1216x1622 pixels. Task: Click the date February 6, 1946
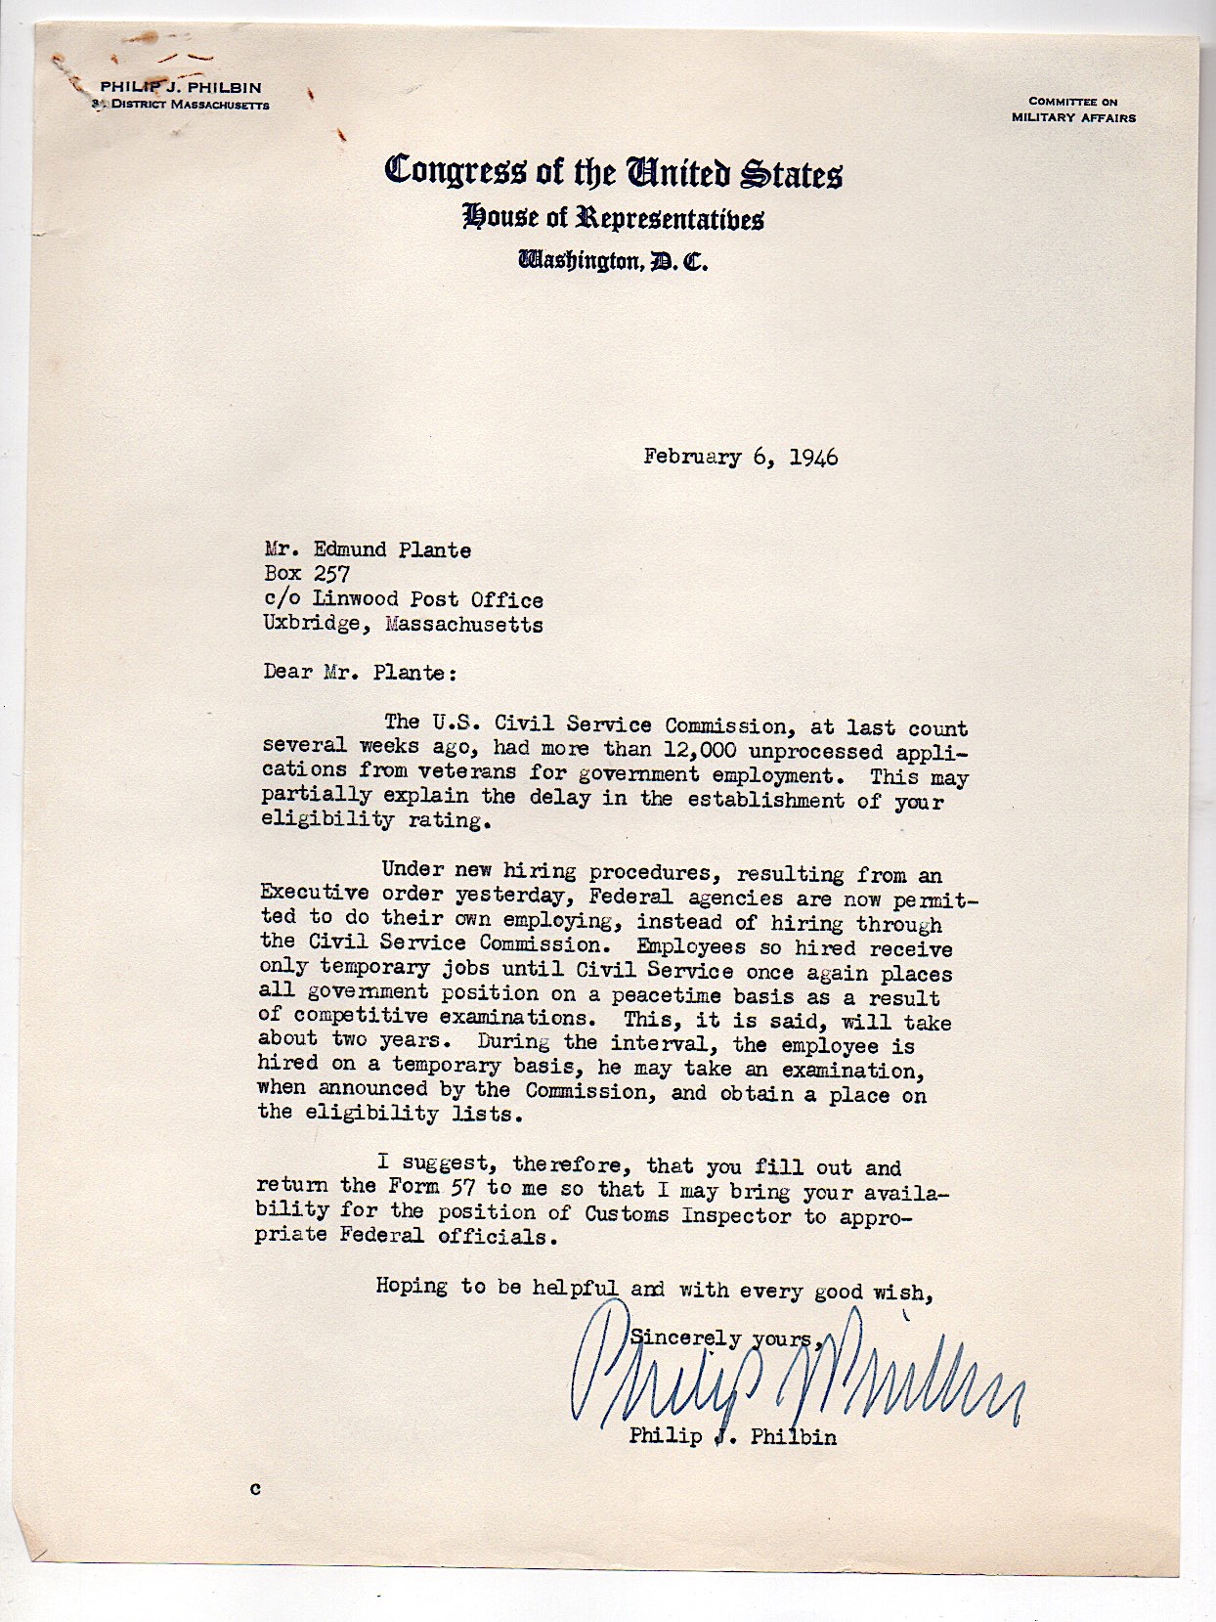(x=740, y=457)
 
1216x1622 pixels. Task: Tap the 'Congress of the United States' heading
(x=613, y=171)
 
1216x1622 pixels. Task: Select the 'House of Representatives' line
(x=613, y=217)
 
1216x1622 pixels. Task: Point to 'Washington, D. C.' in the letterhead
(x=613, y=260)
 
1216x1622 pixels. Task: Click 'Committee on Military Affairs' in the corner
(x=1073, y=110)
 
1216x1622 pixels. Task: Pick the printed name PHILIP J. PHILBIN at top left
(x=181, y=87)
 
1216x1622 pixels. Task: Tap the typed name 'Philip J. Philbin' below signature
(x=732, y=1436)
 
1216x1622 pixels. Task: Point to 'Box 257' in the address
(x=307, y=574)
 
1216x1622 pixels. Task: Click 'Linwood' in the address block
(x=355, y=598)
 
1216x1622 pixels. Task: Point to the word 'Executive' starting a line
(x=301, y=893)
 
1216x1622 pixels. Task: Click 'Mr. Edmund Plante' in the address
(x=368, y=549)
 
